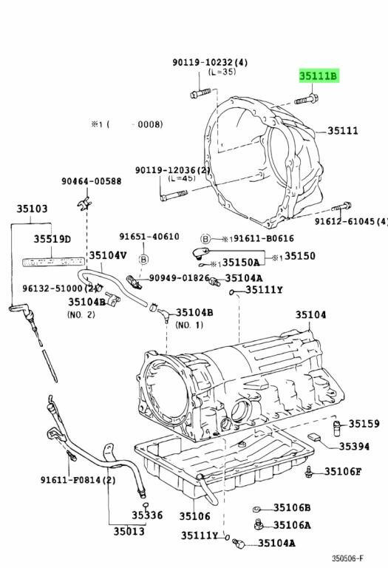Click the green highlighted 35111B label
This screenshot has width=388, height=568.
(319, 76)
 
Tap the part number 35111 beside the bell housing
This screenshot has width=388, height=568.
(342, 130)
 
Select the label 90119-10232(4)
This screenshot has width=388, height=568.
(210, 62)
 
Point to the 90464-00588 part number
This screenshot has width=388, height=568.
(91, 181)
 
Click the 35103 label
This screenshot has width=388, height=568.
(32, 209)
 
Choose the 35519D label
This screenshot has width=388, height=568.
(52, 239)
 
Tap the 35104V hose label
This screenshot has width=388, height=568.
(108, 255)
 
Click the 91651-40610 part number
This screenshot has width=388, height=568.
(149, 237)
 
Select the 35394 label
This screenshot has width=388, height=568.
(354, 447)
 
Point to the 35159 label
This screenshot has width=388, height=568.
(364, 424)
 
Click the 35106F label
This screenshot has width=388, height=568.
(342, 471)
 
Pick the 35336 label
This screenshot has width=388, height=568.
(147, 515)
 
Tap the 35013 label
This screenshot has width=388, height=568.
(129, 531)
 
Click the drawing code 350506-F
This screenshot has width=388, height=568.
(347, 558)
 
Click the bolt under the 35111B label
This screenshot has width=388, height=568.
(306, 99)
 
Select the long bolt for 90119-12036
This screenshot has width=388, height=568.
(174, 195)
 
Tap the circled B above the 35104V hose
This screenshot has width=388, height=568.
(143, 260)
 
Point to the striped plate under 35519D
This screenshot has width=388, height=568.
(53, 262)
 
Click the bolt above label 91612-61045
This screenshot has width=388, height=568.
(341, 207)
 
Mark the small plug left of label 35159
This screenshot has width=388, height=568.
(336, 426)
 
